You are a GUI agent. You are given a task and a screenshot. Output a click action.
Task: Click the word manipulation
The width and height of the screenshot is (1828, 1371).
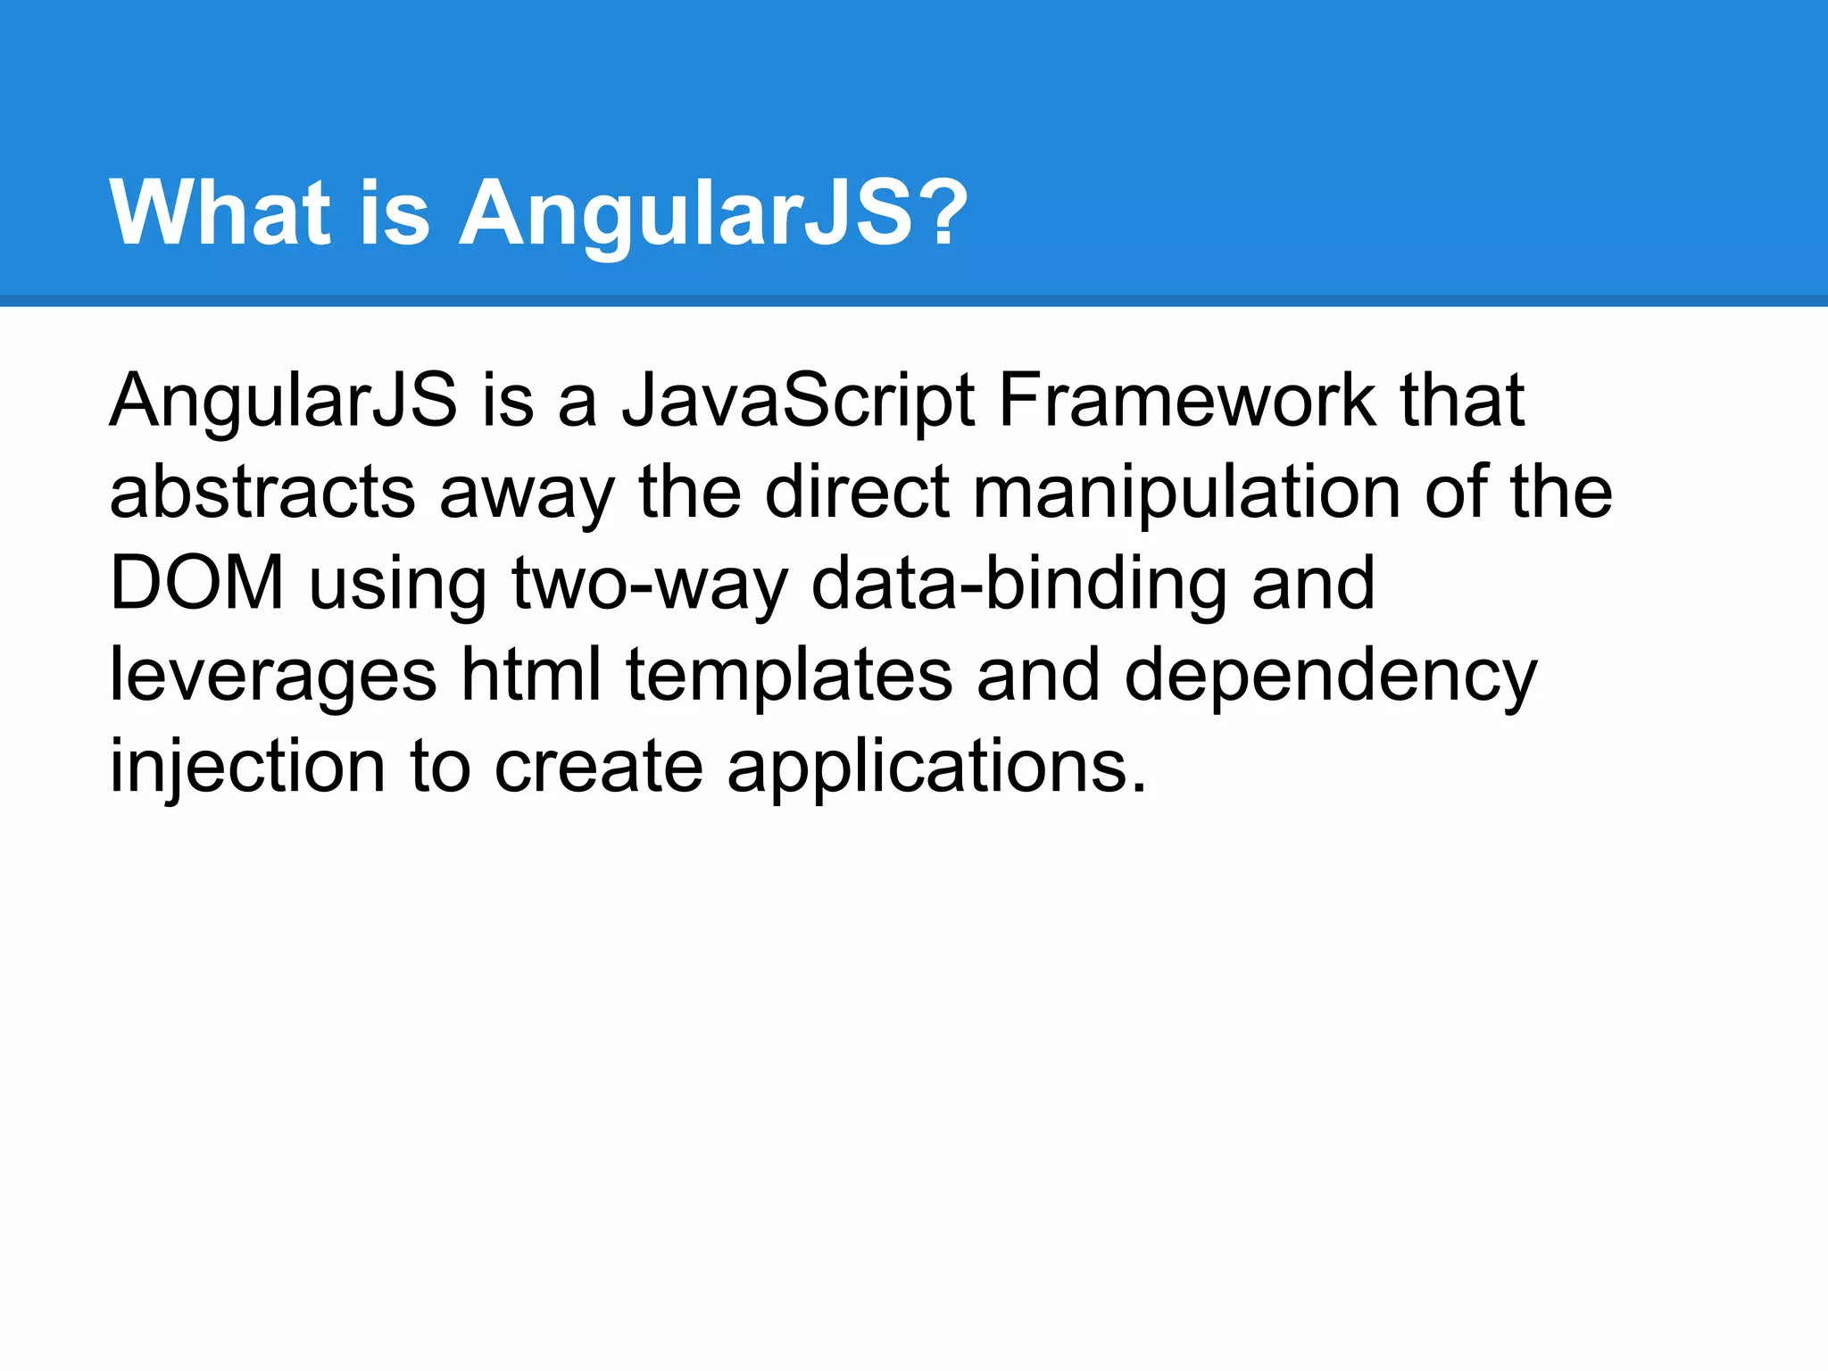pyautogui.click(x=1186, y=494)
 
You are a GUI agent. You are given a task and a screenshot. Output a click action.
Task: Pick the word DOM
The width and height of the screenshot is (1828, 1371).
pyautogui.click(x=196, y=585)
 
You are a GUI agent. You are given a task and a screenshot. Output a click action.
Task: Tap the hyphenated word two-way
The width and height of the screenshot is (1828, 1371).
pyautogui.click(x=651, y=585)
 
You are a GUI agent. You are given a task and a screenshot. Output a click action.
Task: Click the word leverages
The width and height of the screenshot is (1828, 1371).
pyautogui.click(x=272, y=677)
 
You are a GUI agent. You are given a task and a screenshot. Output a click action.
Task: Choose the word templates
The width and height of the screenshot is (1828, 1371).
pyautogui.click(x=789, y=677)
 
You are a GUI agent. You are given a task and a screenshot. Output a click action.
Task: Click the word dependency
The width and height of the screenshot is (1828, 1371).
pyautogui.click(x=1330, y=677)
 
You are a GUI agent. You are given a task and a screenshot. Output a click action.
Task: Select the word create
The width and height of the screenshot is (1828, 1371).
pyautogui.click(x=598, y=768)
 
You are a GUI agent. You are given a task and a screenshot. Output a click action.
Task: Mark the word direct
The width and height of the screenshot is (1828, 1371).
pyautogui.click(x=857, y=494)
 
